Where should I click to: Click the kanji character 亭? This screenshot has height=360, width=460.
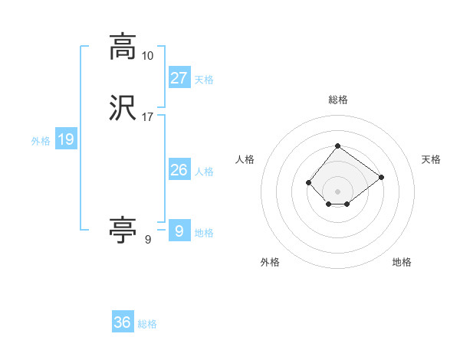pos(123,230)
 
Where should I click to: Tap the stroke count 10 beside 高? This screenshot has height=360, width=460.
pos(147,56)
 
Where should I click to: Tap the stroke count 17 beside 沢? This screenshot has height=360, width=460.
pos(148,117)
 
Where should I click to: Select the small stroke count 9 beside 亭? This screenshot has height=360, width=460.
pos(147,240)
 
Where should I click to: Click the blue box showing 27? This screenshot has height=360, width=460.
pos(179,77)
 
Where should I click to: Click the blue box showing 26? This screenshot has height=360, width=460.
pos(179,170)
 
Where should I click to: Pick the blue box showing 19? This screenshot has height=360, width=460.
pos(66,139)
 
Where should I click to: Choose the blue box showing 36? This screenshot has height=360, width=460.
pos(123,322)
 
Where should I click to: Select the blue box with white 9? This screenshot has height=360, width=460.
pos(179,231)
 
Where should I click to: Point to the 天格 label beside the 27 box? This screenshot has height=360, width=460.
pos(204,79)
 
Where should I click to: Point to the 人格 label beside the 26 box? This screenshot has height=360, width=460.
pos(204,172)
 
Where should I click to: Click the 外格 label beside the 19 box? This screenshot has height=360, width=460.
pos(41,141)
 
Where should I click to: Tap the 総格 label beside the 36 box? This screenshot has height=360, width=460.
pos(147,324)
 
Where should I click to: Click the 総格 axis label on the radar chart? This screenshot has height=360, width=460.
pos(337,100)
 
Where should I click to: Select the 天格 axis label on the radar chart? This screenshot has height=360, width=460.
pos(431,159)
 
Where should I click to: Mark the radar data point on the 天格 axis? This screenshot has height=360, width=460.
pos(382,177)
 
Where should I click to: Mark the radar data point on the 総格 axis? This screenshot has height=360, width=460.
pos(337,146)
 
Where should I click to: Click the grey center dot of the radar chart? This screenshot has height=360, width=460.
pos(337,191)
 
